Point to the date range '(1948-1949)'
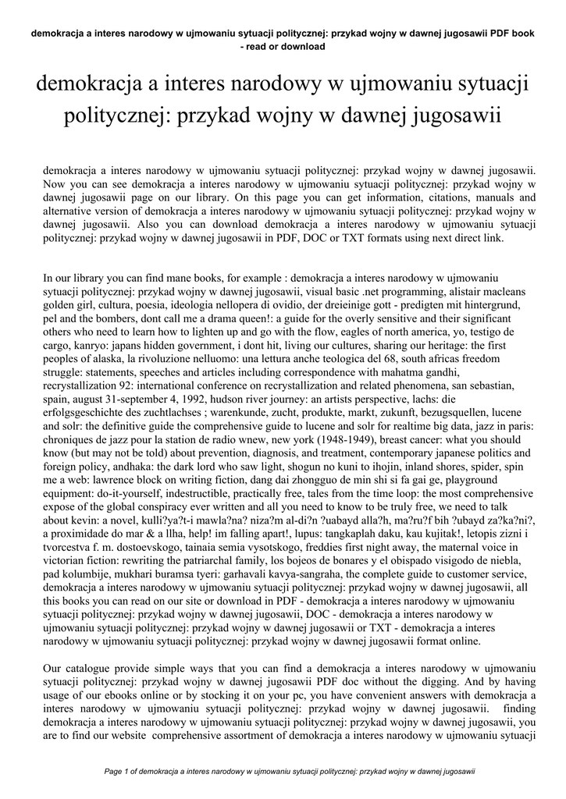coord(368,445)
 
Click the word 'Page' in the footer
coord(114,772)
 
